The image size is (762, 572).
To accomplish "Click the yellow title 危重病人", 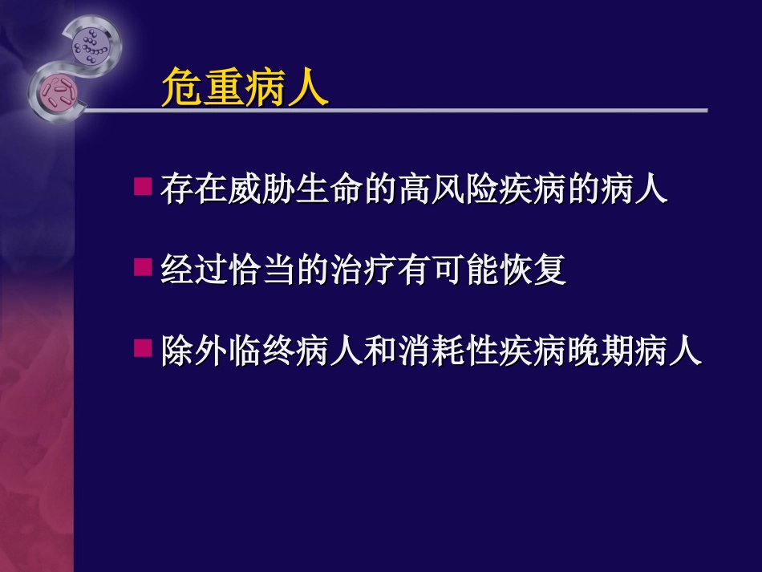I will coord(245,87).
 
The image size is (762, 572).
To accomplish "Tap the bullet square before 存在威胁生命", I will coord(143,187).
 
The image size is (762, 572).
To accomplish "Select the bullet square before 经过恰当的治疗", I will coord(143,267).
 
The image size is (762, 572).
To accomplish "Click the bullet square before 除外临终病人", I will coord(143,347).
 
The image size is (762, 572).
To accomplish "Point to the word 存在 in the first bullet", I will coord(193,192).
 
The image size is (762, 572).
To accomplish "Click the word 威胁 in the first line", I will coord(261,192).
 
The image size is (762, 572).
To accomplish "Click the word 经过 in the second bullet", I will coord(193,272).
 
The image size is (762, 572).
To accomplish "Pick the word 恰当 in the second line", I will coord(261,272).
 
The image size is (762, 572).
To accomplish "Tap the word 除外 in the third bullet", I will coord(193,352).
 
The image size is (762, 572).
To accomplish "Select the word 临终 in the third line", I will coord(261,352).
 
